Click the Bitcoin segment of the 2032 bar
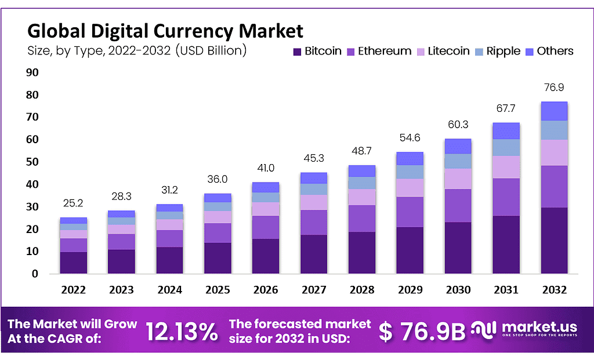tap(554, 241)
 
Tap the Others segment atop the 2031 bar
tap(506, 131)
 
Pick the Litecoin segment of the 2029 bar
tap(410, 188)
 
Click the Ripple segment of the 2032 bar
tap(554, 130)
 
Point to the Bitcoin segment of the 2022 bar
tap(73, 263)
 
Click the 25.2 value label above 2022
tap(73, 204)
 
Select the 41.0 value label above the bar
tap(265, 169)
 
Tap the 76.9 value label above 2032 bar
tap(554, 88)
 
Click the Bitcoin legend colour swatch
tap(296, 52)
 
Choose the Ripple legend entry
tap(498, 51)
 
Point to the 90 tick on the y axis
tap(31, 72)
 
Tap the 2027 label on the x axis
tap(313, 289)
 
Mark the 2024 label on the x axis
tap(169, 289)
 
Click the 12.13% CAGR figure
tap(182, 331)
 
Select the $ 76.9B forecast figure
tap(422, 331)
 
